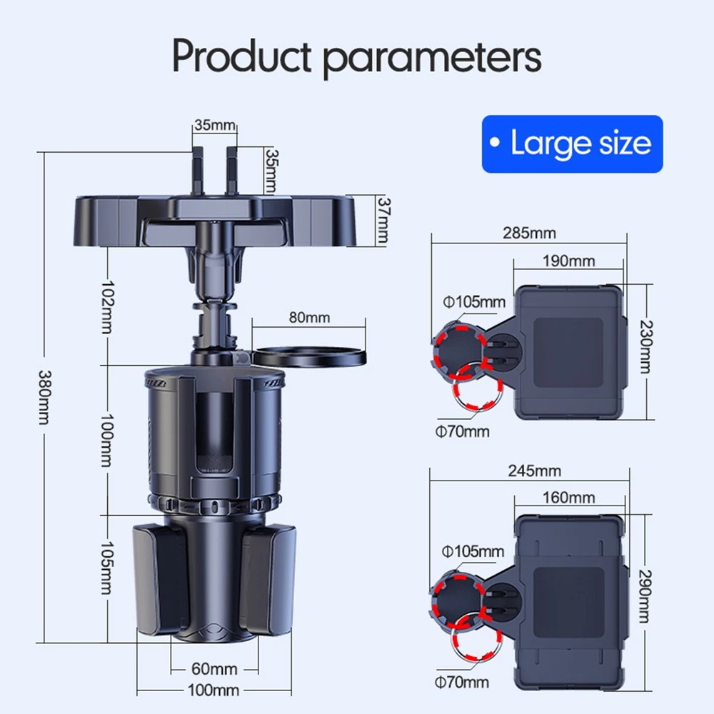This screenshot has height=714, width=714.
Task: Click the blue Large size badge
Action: (572, 144)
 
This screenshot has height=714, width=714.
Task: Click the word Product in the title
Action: (241, 56)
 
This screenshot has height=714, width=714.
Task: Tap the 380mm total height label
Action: (44, 397)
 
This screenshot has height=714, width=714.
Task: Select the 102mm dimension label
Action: (108, 307)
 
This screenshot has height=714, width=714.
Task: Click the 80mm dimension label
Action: (309, 318)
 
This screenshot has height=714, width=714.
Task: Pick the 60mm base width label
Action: (214, 668)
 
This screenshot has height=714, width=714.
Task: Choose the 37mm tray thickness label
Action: (383, 221)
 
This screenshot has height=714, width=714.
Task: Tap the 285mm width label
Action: (529, 233)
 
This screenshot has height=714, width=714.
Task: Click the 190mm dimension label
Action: (569, 261)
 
